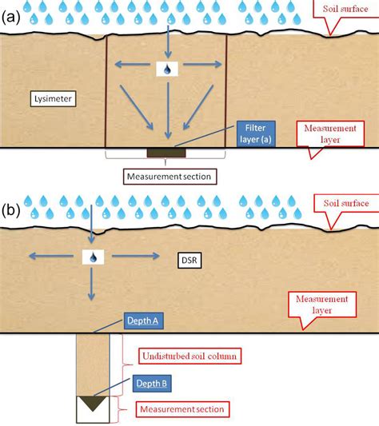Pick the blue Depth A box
pyautogui.click(x=145, y=320)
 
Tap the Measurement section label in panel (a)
pyautogui.click(x=166, y=173)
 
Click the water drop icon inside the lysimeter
pyautogui.click(x=166, y=70)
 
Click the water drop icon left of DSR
pyautogui.click(x=94, y=257)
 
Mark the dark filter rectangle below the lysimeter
pyautogui.click(x=166, y=152)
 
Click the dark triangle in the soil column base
pyautogui.click(x=94, y=403)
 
